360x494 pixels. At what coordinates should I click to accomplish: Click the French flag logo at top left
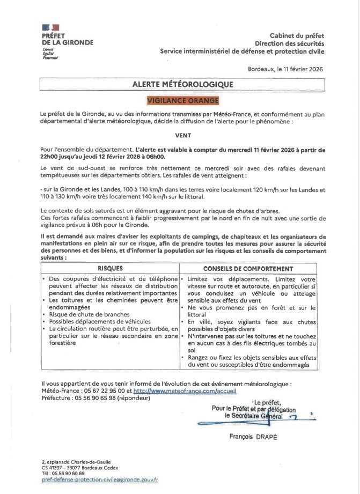(x=50, y=27)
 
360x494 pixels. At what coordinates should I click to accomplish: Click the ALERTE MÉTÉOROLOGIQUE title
(x=183, y=84)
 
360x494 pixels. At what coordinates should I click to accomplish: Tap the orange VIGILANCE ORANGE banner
(x=183, y=100)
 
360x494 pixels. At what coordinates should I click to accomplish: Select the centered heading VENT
(x=183, y=136)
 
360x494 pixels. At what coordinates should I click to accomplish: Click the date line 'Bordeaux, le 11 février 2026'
(x=285, y=69)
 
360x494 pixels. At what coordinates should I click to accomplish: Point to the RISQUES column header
(x=110, y=268)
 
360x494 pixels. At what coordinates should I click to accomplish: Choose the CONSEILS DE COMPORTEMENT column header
(x=248, y=268)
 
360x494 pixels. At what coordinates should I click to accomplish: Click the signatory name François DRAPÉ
(x=253, y=437)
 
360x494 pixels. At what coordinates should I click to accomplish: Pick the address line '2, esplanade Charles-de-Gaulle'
(x=76, y=461)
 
